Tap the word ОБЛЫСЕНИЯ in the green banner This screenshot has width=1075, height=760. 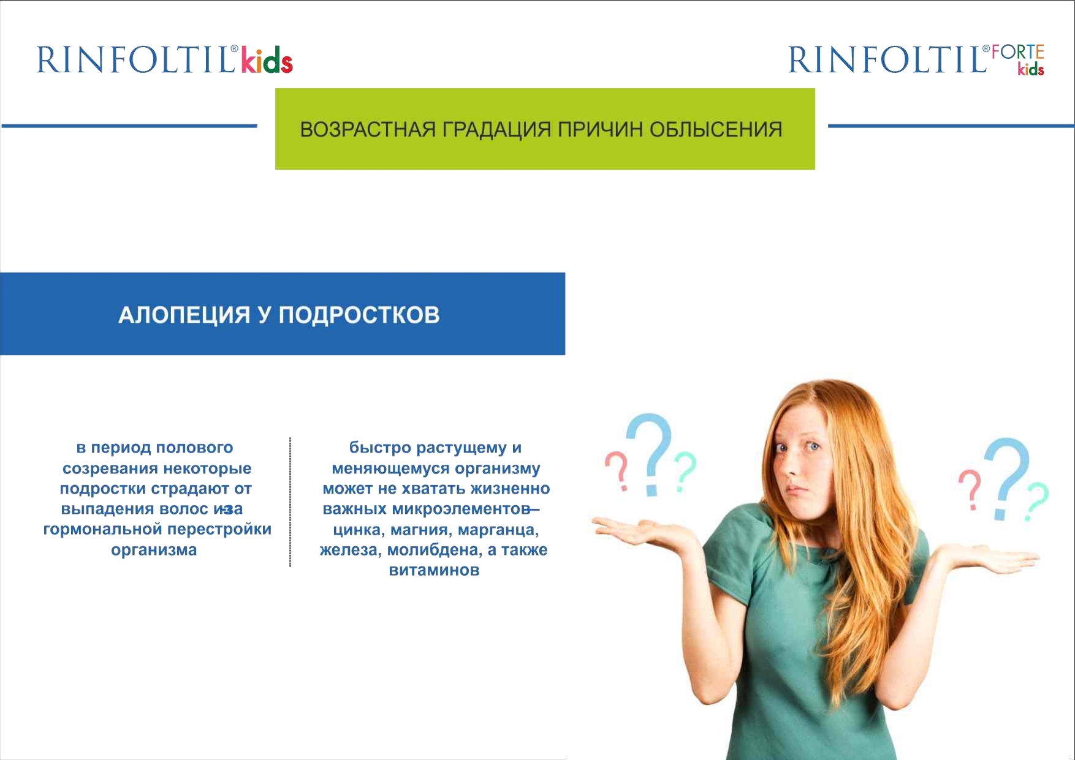point(715,130)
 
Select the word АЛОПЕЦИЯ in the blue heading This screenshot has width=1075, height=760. point(184,315)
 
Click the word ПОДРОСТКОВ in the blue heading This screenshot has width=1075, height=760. point(359,315)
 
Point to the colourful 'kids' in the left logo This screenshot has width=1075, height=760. point(267,59)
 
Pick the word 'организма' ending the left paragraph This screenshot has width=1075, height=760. point(154,550)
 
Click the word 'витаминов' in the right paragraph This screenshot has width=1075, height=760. point(434,570)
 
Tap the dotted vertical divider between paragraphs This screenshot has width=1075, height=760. point(290,502)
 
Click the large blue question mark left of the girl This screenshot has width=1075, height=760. point(650,454)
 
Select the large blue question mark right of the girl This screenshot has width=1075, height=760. point(1006,478)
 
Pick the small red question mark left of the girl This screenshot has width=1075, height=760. point(618,470)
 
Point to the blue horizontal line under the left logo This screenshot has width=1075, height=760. point(129,126)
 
